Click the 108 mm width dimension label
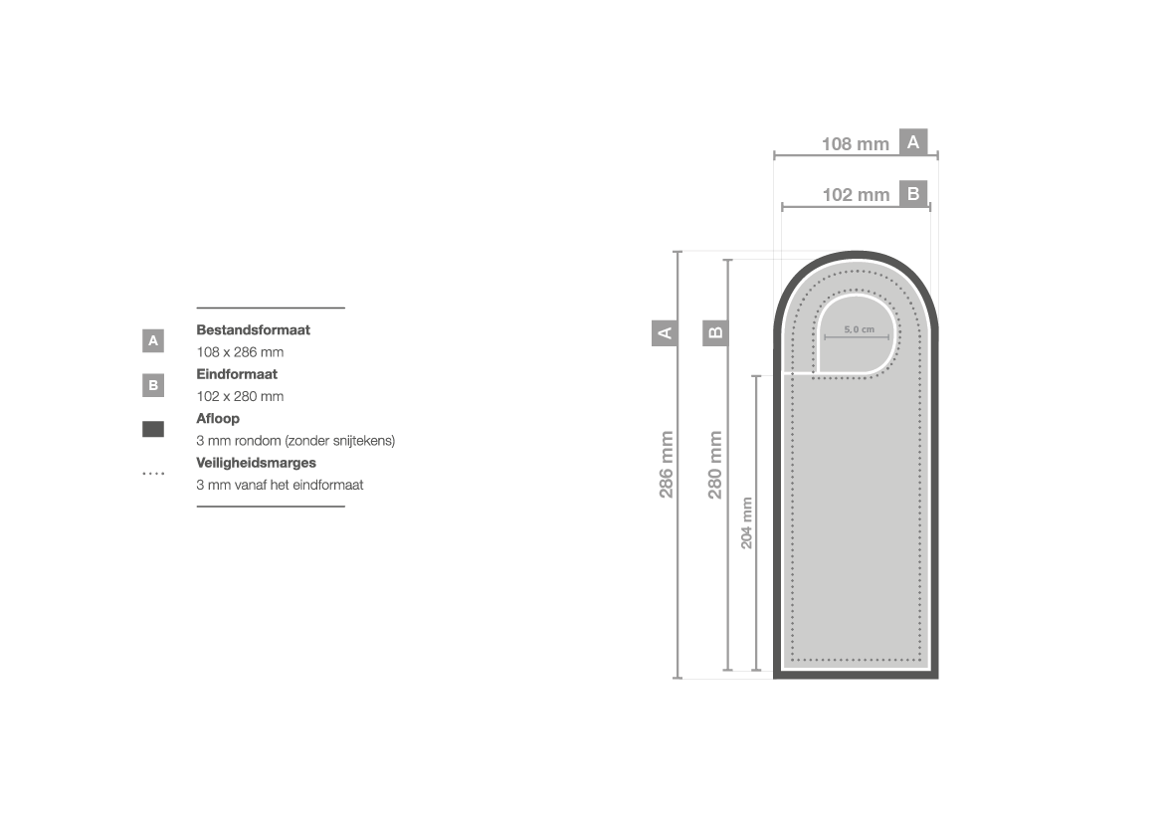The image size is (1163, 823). click(x=856, y=144)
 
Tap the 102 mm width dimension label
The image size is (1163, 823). click(x=856, y=195)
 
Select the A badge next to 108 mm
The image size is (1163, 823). click(x=913, y=141)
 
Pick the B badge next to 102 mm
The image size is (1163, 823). click(x=913, y=194)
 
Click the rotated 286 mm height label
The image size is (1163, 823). click(x=666, y=464)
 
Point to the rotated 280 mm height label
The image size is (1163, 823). click(x=715, y=465)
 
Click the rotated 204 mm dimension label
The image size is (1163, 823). click(x=746, y=522)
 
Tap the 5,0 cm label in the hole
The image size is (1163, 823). click(x=859, y=329)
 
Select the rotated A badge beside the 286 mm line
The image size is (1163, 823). click(x=665, y=332)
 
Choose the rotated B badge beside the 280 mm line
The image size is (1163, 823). click(x=715, y=332)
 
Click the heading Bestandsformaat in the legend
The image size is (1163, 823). click(x=253, y=330)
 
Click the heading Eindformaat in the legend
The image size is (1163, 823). click(x=237, y=374)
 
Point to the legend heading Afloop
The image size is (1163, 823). click(x=217, y=419)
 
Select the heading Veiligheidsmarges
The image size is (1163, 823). click(x=256, y=463)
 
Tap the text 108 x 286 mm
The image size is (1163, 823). click(x=240, y=351)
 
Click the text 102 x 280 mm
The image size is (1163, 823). click(x=240, y=396)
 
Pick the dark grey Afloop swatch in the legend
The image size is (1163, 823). click(x=153, y=429)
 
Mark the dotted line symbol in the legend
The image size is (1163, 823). click(x=153, y=474)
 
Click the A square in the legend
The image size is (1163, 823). click(x=153, y=340)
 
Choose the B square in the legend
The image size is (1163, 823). click(x=153, y=385)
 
